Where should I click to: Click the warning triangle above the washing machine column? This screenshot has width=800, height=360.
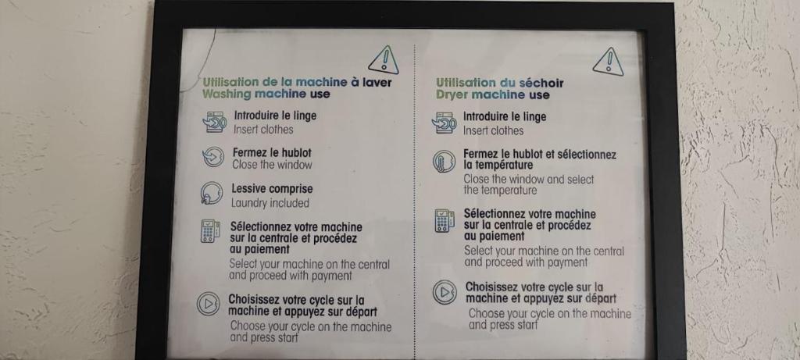pos(384,60)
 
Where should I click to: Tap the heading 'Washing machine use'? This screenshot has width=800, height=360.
pos(266,94)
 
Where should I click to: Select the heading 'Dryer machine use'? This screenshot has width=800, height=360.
pos(493,94)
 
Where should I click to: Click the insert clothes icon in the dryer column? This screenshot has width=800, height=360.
pos(444,123)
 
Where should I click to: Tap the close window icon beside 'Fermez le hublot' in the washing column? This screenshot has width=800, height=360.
pos(212,157)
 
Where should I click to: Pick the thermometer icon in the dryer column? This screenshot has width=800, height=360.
pos(444,162)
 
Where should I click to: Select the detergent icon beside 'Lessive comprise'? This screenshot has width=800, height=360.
pos(211,193)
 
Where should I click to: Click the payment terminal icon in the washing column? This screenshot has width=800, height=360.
pos(210,231)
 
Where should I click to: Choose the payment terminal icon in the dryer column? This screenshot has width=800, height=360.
pos(445,221)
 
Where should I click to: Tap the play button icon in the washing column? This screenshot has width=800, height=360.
pos(208,305)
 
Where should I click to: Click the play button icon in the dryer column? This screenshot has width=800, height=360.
pos(445,292)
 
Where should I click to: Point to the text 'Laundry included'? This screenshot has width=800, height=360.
pos(270,203)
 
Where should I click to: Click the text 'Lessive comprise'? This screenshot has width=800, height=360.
pos(272,189)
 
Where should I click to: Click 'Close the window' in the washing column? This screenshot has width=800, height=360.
pos(272,165)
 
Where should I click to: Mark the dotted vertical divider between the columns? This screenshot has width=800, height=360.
pos(415,199)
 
